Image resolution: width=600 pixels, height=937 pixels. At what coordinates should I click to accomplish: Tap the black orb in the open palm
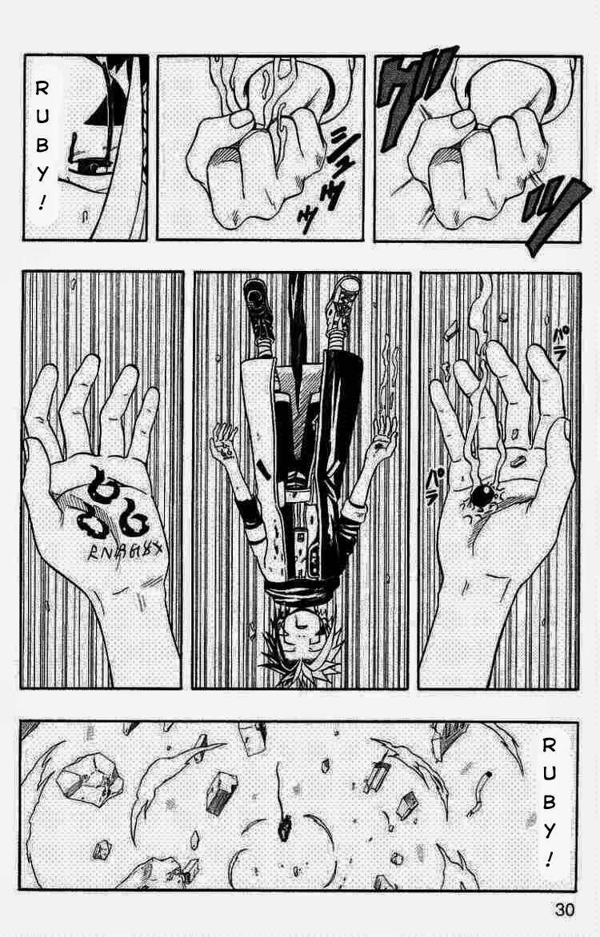coord(482,496)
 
